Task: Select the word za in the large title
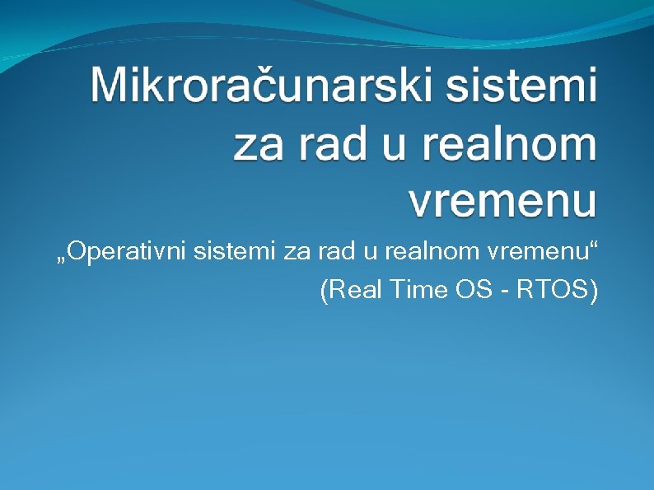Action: (259, 144)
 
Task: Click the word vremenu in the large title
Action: (502, 200)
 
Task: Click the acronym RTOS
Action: (550, 290)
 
